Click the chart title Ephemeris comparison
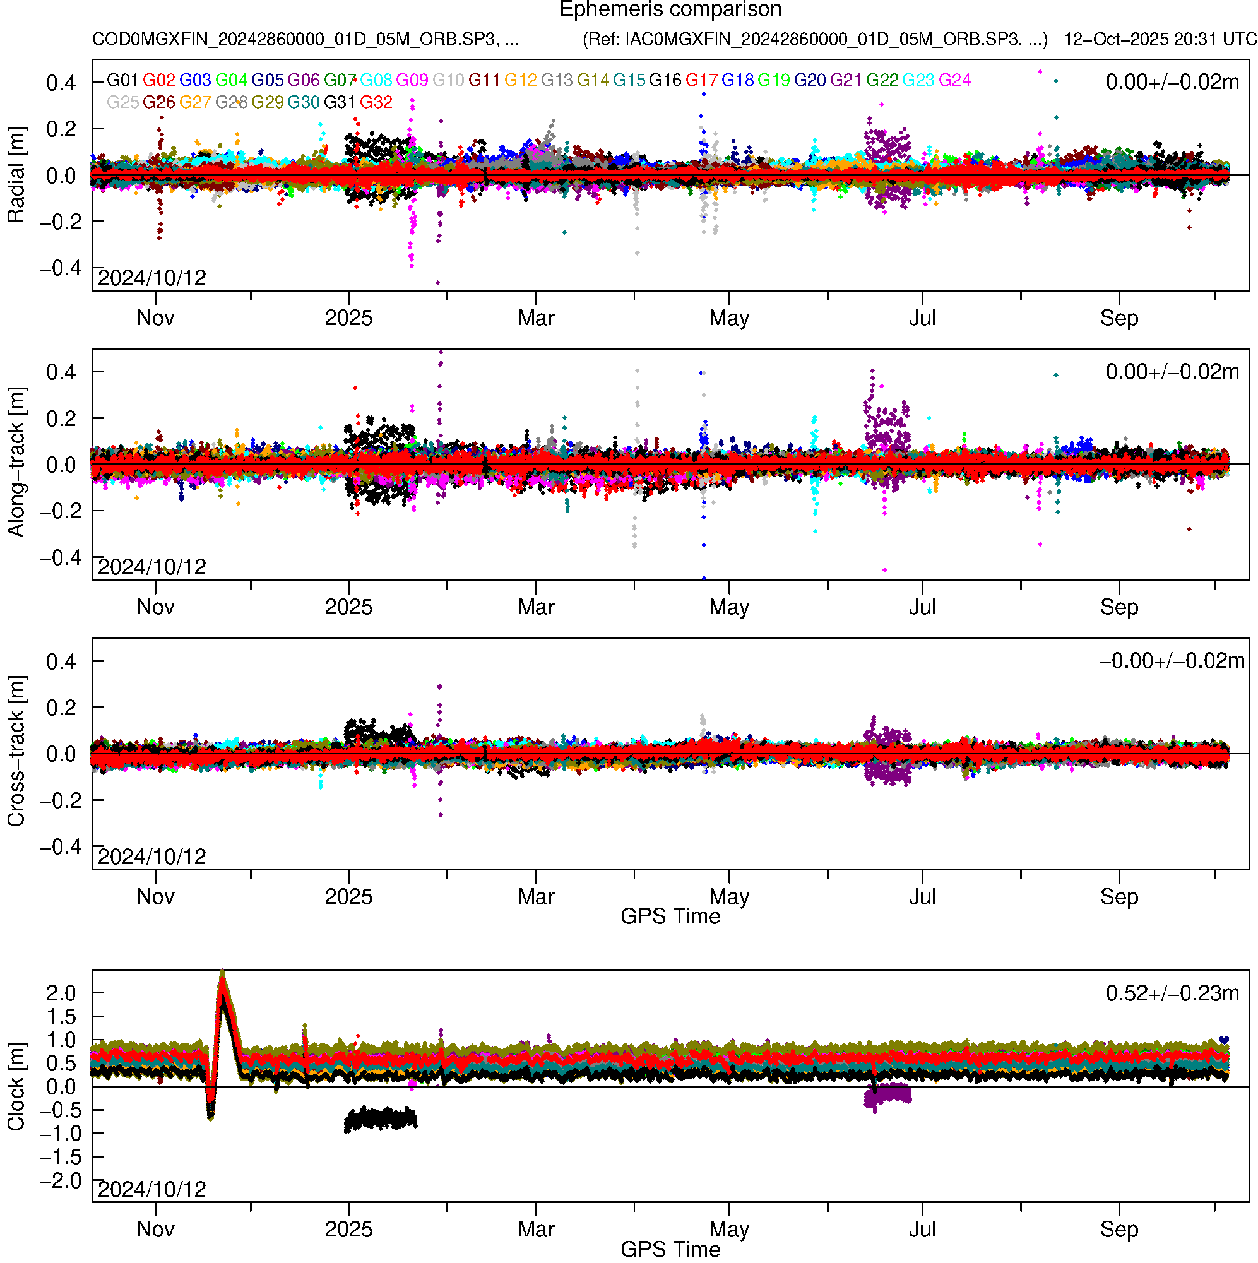(670, 10)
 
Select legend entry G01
(122, 80)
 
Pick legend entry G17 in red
(701, 80)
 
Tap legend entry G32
(376, 103)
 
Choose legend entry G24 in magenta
(954, 80)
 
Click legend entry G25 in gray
(122, 103)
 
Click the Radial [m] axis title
(16, 175)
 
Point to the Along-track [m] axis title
(16, 463)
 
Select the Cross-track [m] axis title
(16, 752)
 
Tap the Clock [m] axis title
(16, 1086)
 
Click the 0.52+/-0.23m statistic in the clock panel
(1172, 993)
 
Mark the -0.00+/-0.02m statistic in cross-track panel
(1172, 661)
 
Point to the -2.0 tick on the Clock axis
(61, 1180)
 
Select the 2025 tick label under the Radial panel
(348, 318)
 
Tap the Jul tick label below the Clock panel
(922, 1230)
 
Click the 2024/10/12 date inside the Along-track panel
(151, 567)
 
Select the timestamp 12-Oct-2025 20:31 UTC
(1160, 39)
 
